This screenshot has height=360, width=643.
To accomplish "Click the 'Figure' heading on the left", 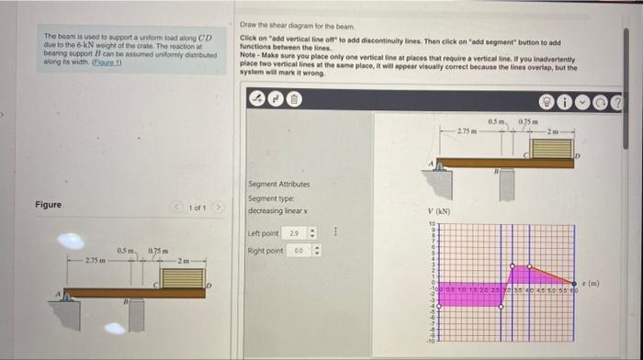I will click(x=48, y=204).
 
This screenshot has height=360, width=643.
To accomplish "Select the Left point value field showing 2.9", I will click(x=295, y=234).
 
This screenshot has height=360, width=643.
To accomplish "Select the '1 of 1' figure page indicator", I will click(x=197, y=208).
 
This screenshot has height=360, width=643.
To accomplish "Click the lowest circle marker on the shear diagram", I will click(x=502, y=308).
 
